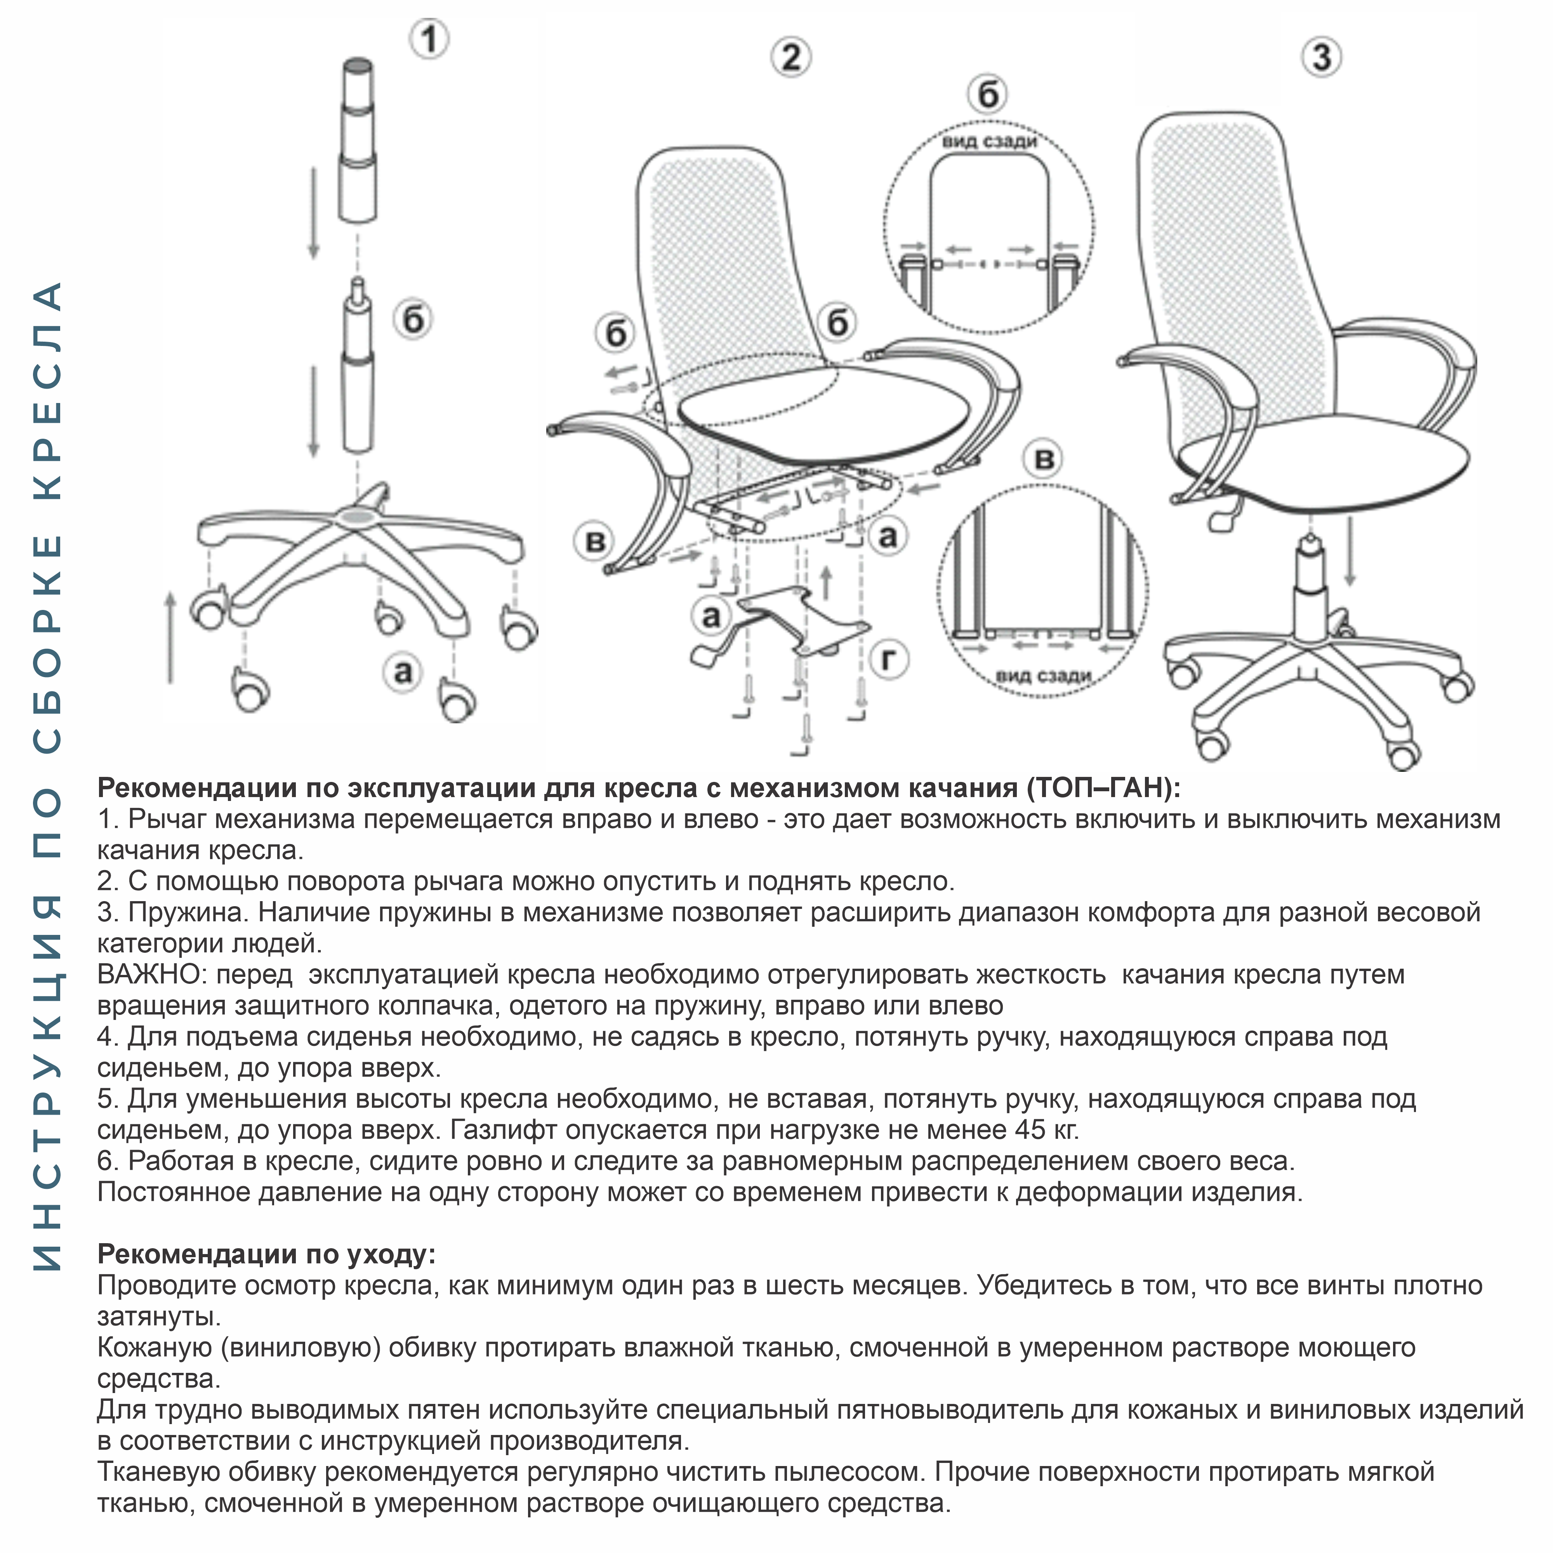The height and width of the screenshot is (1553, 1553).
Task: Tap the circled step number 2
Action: click(x=791, y=58)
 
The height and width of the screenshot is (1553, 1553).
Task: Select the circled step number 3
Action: click(x=1322, y=58)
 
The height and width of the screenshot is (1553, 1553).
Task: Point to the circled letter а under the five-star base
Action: click(x=403, y=671)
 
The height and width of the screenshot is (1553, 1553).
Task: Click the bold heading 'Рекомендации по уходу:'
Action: click(x=266, y=1254)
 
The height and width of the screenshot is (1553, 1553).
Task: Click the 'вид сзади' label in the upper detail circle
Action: click(x=990, y=142)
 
